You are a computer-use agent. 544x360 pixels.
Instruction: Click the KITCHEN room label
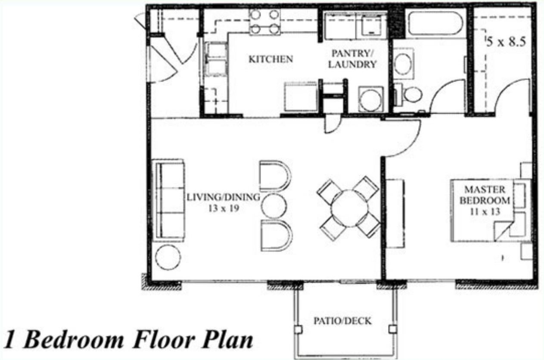point(271,59)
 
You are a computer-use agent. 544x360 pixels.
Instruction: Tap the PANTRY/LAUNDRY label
point(352,59)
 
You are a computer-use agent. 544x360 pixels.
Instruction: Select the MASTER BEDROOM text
point(485,195)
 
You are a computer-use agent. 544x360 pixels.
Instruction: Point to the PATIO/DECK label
point(342,321)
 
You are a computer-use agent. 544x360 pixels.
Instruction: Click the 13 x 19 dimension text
point(224,208)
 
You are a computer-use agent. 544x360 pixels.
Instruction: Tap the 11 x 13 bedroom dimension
point(485,212)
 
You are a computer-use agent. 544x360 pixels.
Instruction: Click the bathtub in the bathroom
point(436,23)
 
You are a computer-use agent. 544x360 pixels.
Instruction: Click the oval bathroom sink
point(403,63)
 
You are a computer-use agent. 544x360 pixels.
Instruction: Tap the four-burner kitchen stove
point(265,22)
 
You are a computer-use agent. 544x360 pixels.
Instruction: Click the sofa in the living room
point(168,200)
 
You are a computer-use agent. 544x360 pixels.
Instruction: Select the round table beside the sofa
point(168,257)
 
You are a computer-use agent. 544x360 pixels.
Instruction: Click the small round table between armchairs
point(274,206)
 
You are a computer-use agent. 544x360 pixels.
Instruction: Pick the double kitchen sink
point(216,59)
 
